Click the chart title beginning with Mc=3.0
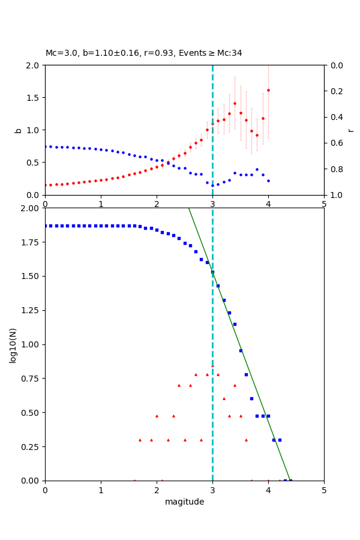click(144, 53)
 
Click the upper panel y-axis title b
click(18, 130)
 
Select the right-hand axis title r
click(350, 130)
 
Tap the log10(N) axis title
click(13, 344)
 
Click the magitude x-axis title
click(184, 502)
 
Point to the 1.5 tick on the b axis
click(34, 98)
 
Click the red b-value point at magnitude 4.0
click(268, 90)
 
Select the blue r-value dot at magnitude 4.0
click(268, 181)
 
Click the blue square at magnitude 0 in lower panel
click(45, 226)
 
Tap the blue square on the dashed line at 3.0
click(212, 272)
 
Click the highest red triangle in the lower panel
click(212, 367)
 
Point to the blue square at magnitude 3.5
click(241, 350)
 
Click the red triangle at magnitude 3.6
click(246, 440)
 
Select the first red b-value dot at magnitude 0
click(45, 185)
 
